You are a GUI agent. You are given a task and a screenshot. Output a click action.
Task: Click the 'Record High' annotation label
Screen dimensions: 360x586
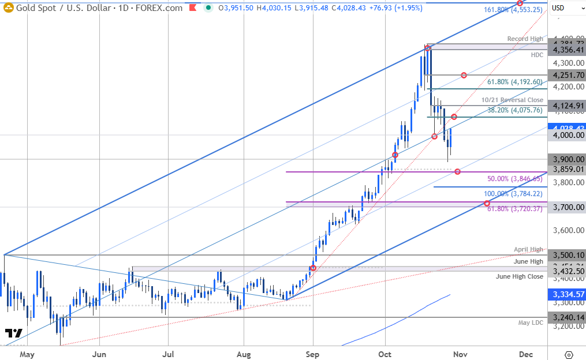[x=525, y=39]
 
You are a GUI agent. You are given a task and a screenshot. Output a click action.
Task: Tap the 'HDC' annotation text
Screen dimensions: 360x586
[x=537, y=55]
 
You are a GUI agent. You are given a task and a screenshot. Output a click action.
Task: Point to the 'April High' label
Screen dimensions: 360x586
[x=528, y=249]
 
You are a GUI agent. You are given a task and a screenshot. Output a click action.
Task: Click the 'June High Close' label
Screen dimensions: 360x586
[x=520, y=276]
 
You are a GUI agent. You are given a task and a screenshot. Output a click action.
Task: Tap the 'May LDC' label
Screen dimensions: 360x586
[x=531, y=322]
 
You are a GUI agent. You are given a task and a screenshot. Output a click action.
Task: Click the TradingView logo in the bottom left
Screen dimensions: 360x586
[x=13, y=333]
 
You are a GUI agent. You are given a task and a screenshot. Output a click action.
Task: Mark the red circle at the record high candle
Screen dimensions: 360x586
[x=427, y=48]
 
